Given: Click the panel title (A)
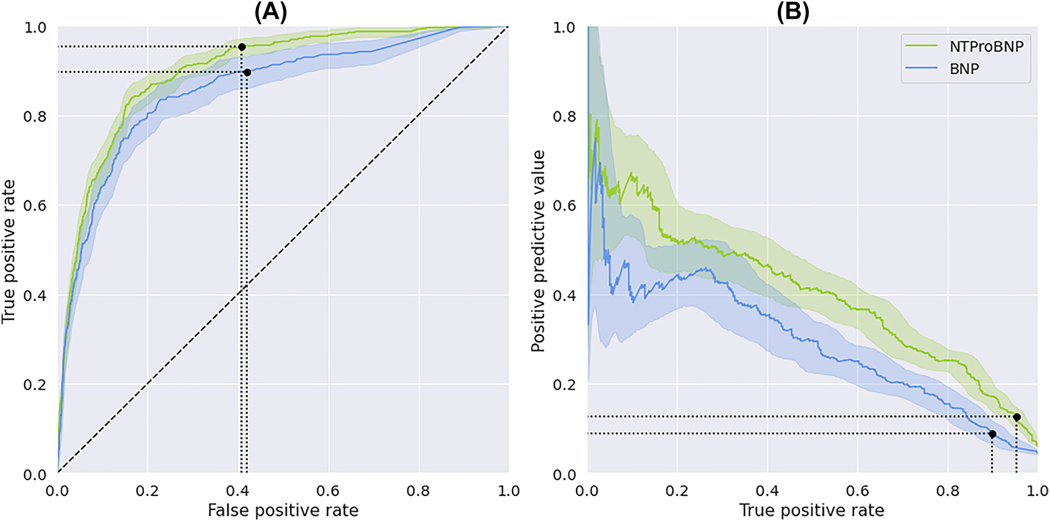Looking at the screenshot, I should click(x=271, y=12).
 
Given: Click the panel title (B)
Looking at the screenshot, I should click(x=792, y=12).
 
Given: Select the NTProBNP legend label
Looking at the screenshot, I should click(x=986, y=47).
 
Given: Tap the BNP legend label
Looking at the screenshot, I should click(x=964, y=69).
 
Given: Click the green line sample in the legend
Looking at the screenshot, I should click(x=921, y=47).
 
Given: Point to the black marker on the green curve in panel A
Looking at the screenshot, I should click(x=242, y=47).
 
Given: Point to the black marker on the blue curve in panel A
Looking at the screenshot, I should click(x=247, y=72).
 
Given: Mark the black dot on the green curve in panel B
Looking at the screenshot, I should click(x=1017, y=417).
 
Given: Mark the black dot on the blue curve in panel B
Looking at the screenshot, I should click(x=992, y=434).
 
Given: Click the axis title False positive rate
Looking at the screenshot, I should click(x=283, y=510).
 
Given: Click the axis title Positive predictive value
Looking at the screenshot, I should click(x=538, y=251).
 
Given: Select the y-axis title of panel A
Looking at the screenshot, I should click(x=8, y=251).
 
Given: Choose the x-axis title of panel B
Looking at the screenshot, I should click(x=812, y=510).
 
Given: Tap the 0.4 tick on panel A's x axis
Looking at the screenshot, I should click(x=237, y=491).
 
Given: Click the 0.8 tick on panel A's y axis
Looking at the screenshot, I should click(x=34, y=117).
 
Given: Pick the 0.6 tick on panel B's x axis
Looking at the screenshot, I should click(x=857, y=491).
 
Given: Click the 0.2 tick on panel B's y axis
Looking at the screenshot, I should click(x=564, y=385).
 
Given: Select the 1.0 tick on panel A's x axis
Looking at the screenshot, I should click(x=508, y=491).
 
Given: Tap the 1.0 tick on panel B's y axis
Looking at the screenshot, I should click(x=564, y=27).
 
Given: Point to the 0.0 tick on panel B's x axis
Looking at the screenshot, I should click(x=587, y=491).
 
